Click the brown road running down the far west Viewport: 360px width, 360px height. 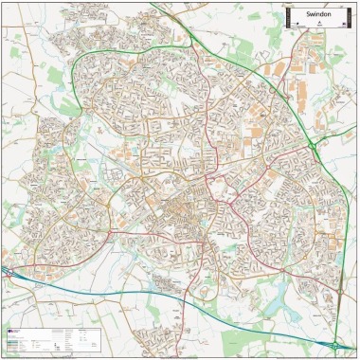(17, 189)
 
